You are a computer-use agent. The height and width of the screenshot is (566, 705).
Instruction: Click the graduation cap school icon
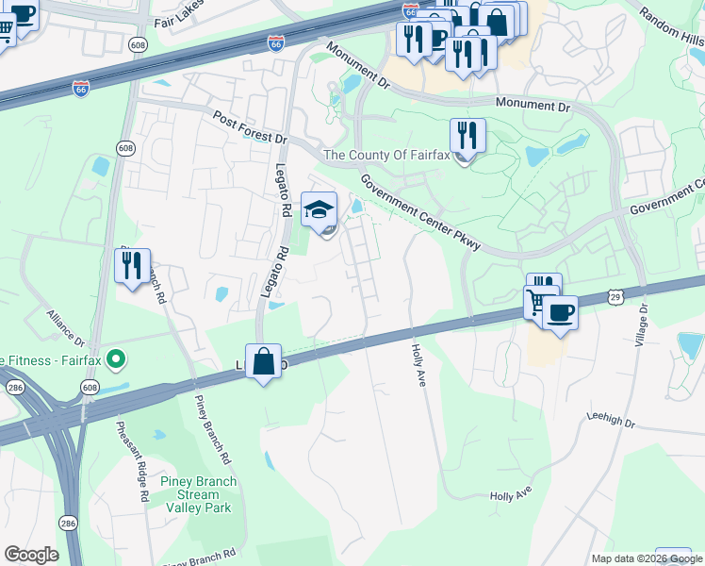(x=320, y=209)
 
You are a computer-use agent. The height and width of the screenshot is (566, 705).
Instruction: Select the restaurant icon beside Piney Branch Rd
(x=132, y=266)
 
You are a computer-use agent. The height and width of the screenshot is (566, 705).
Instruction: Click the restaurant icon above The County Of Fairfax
(x=467, y=136)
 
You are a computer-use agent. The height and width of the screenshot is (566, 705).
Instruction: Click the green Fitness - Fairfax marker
(x=116, y=358)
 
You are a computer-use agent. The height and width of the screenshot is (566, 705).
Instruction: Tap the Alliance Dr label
(x=66, y=330)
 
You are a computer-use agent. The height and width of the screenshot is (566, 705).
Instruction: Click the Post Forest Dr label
(x=250, y=127)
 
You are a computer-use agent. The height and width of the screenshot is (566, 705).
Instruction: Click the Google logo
(x=31, y=555)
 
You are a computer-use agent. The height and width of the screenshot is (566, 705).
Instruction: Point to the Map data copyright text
(x=647, y=558)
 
